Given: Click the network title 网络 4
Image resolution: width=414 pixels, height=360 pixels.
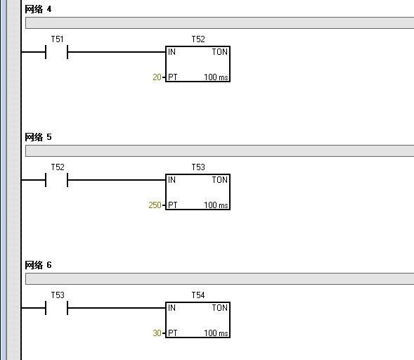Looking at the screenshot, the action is pyautogui.click(x=38, y=9).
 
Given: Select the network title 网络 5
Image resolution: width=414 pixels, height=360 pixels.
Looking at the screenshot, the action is pyautogui.click(x=38, y=137).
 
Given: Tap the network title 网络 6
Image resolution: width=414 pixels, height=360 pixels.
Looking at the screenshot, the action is pyautogui.click(x=38, y=265).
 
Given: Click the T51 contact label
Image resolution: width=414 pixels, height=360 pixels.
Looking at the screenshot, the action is pyautogui.click(x=58, y=39).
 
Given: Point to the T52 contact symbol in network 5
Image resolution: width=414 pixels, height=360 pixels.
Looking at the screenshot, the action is pyautogui.click(x=56, y=180).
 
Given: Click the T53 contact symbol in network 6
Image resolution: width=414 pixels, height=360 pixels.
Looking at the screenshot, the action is pyautogui.click(x=56, y=308).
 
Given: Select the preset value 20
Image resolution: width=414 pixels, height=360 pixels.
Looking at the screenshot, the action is pyautogui.click(x=157, y=77).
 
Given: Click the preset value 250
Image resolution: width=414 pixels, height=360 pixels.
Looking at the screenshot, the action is pyautogui.click(x=155, y=205).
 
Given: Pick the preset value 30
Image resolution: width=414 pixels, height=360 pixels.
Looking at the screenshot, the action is pyautogui.click(x=157, y=333).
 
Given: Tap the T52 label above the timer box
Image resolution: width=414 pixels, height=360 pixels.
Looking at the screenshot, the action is pyautogui.click(x=198, y=39).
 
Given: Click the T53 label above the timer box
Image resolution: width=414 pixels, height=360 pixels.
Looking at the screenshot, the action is pyautogui.click(x=198, y=167).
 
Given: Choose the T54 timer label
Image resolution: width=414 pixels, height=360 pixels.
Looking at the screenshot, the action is pyautogui.click(x=198, y=295).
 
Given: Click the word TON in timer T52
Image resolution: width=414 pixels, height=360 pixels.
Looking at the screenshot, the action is pyautogui.click(x=220, y=52).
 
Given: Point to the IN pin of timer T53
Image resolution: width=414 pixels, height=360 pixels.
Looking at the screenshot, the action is pyautogui.click(x=172, y=180).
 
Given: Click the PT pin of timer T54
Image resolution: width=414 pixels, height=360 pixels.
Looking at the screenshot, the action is pyautogui.click(x=173, y=333).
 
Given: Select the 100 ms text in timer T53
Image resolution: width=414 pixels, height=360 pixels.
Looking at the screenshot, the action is pyautogui.click(x=216, y=205).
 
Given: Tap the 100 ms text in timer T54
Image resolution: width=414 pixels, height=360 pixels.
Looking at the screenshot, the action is pyautogui.click(x=216, y=333).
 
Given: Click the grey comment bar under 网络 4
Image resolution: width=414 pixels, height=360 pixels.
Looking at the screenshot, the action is pyautogui.click(x=220, y=23).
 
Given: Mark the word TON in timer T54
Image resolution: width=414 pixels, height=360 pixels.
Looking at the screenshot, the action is pyautogui.click(x=220, y=308).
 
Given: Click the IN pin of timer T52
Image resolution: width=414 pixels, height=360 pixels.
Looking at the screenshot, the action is pyautogui.click(x=172, y=52).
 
